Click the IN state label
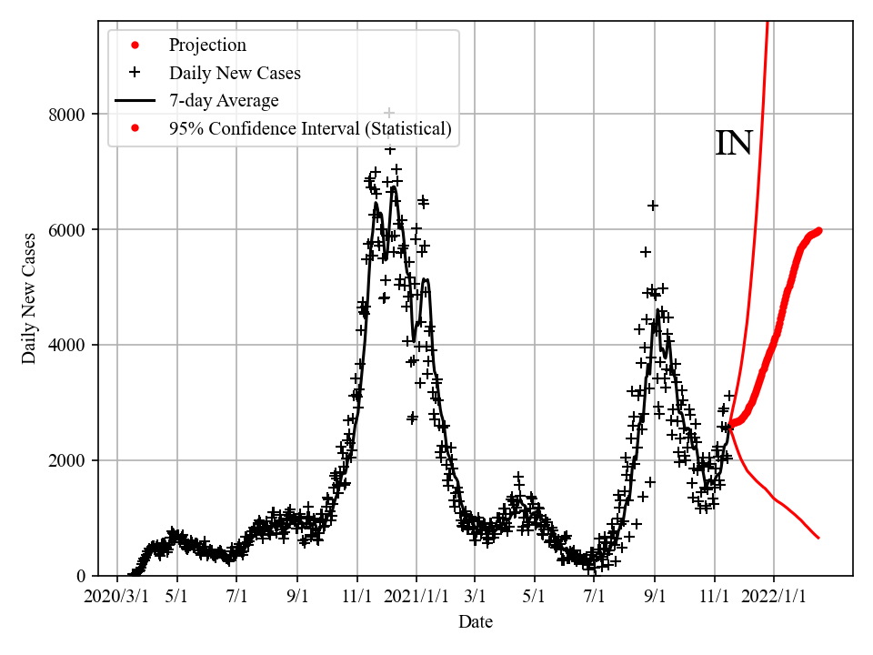[733, 144]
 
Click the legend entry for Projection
[207, 45]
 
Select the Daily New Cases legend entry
[235, 73]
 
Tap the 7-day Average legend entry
[224, 101]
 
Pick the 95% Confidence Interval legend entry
[309, 128]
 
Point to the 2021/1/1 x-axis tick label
[416, 596]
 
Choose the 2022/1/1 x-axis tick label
[774, 596]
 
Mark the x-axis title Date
[476, 622]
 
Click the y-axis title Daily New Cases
[29, 299]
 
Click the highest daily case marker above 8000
[389, 113]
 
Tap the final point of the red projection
[818, 230]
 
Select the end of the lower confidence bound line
[818, 538]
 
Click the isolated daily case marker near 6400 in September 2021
[652, 206]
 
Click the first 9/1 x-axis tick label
[297, 596]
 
